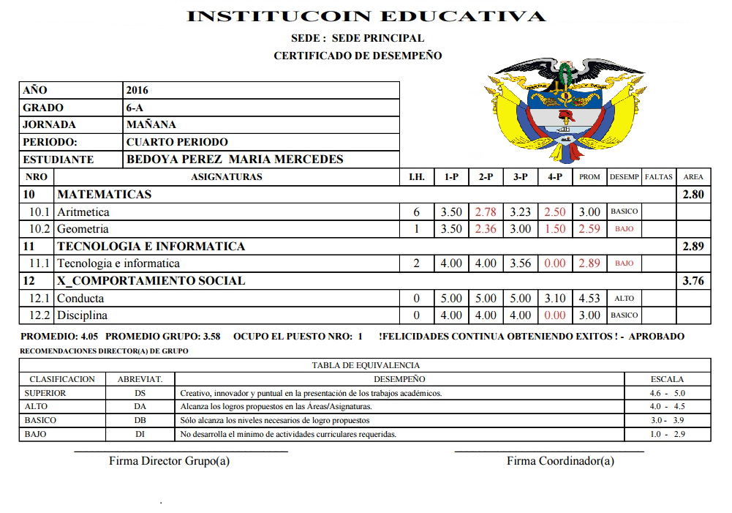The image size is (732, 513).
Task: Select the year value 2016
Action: (x=137, y=90)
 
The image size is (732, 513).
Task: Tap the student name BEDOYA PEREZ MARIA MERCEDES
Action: (x=235, y=160)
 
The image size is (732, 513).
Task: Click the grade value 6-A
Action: (x=136, y=108)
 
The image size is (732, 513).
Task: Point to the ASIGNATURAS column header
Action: (x=226, y=177)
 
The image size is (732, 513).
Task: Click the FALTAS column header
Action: (x=659, y=177)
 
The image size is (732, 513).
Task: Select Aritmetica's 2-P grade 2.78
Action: (x=486, y=212)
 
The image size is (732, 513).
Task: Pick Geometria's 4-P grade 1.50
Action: (x=554, y=229)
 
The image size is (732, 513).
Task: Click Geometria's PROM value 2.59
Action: (x=589, y=229)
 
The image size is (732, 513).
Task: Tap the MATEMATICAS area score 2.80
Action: (x=693, y=195)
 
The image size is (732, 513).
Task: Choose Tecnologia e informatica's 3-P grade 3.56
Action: (x=520, y=263)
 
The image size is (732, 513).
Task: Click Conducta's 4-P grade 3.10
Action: (x=554, y=299)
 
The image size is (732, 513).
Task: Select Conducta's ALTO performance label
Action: (x=625, y=299)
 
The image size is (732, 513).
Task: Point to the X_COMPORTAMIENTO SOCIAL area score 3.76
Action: (x=693, y=281)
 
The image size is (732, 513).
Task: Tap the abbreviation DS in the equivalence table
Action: (x=140, y=393)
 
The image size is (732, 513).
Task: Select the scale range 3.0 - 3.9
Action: (x=667, y=421)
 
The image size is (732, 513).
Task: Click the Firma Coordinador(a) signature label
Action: (x=560, y=461)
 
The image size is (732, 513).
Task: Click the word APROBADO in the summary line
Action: (x=657, y=337)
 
